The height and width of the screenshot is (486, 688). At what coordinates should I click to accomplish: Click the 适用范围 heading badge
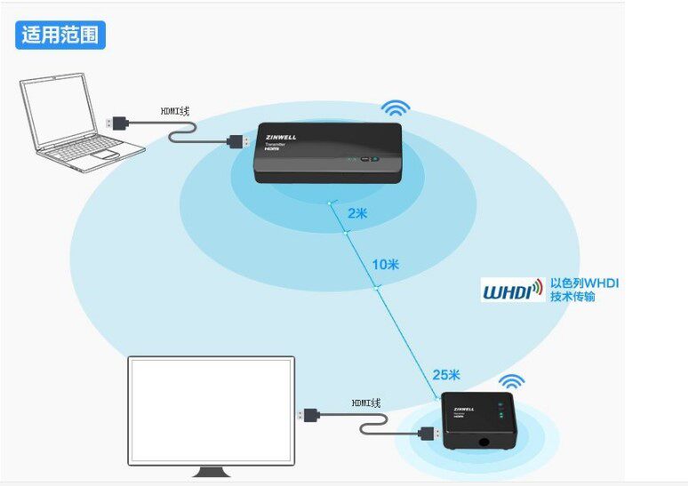pos(60,35)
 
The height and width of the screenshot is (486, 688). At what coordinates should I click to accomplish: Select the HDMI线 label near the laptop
pos(175,112)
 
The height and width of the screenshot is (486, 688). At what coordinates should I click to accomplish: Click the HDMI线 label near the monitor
pos(365,402)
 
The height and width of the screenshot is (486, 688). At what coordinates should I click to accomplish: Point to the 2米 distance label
pos(357,213)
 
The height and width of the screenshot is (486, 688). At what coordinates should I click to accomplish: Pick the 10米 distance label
pos(385,265)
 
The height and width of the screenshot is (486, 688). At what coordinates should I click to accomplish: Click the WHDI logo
pos(513,291)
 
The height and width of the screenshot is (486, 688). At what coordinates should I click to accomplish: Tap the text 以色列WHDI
pos(583,283)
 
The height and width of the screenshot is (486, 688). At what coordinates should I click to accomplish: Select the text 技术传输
pos(572,297)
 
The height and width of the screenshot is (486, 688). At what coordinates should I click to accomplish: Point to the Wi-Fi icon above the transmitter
pos(396,108)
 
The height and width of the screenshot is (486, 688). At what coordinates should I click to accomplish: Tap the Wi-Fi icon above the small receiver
pos(510,382)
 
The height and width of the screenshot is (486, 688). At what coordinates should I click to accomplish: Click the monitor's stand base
pos(210,471)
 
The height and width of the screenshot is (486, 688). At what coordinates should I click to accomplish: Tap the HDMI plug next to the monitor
pos(312,414)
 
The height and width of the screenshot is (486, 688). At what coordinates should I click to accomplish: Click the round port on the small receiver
pos(485,437)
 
